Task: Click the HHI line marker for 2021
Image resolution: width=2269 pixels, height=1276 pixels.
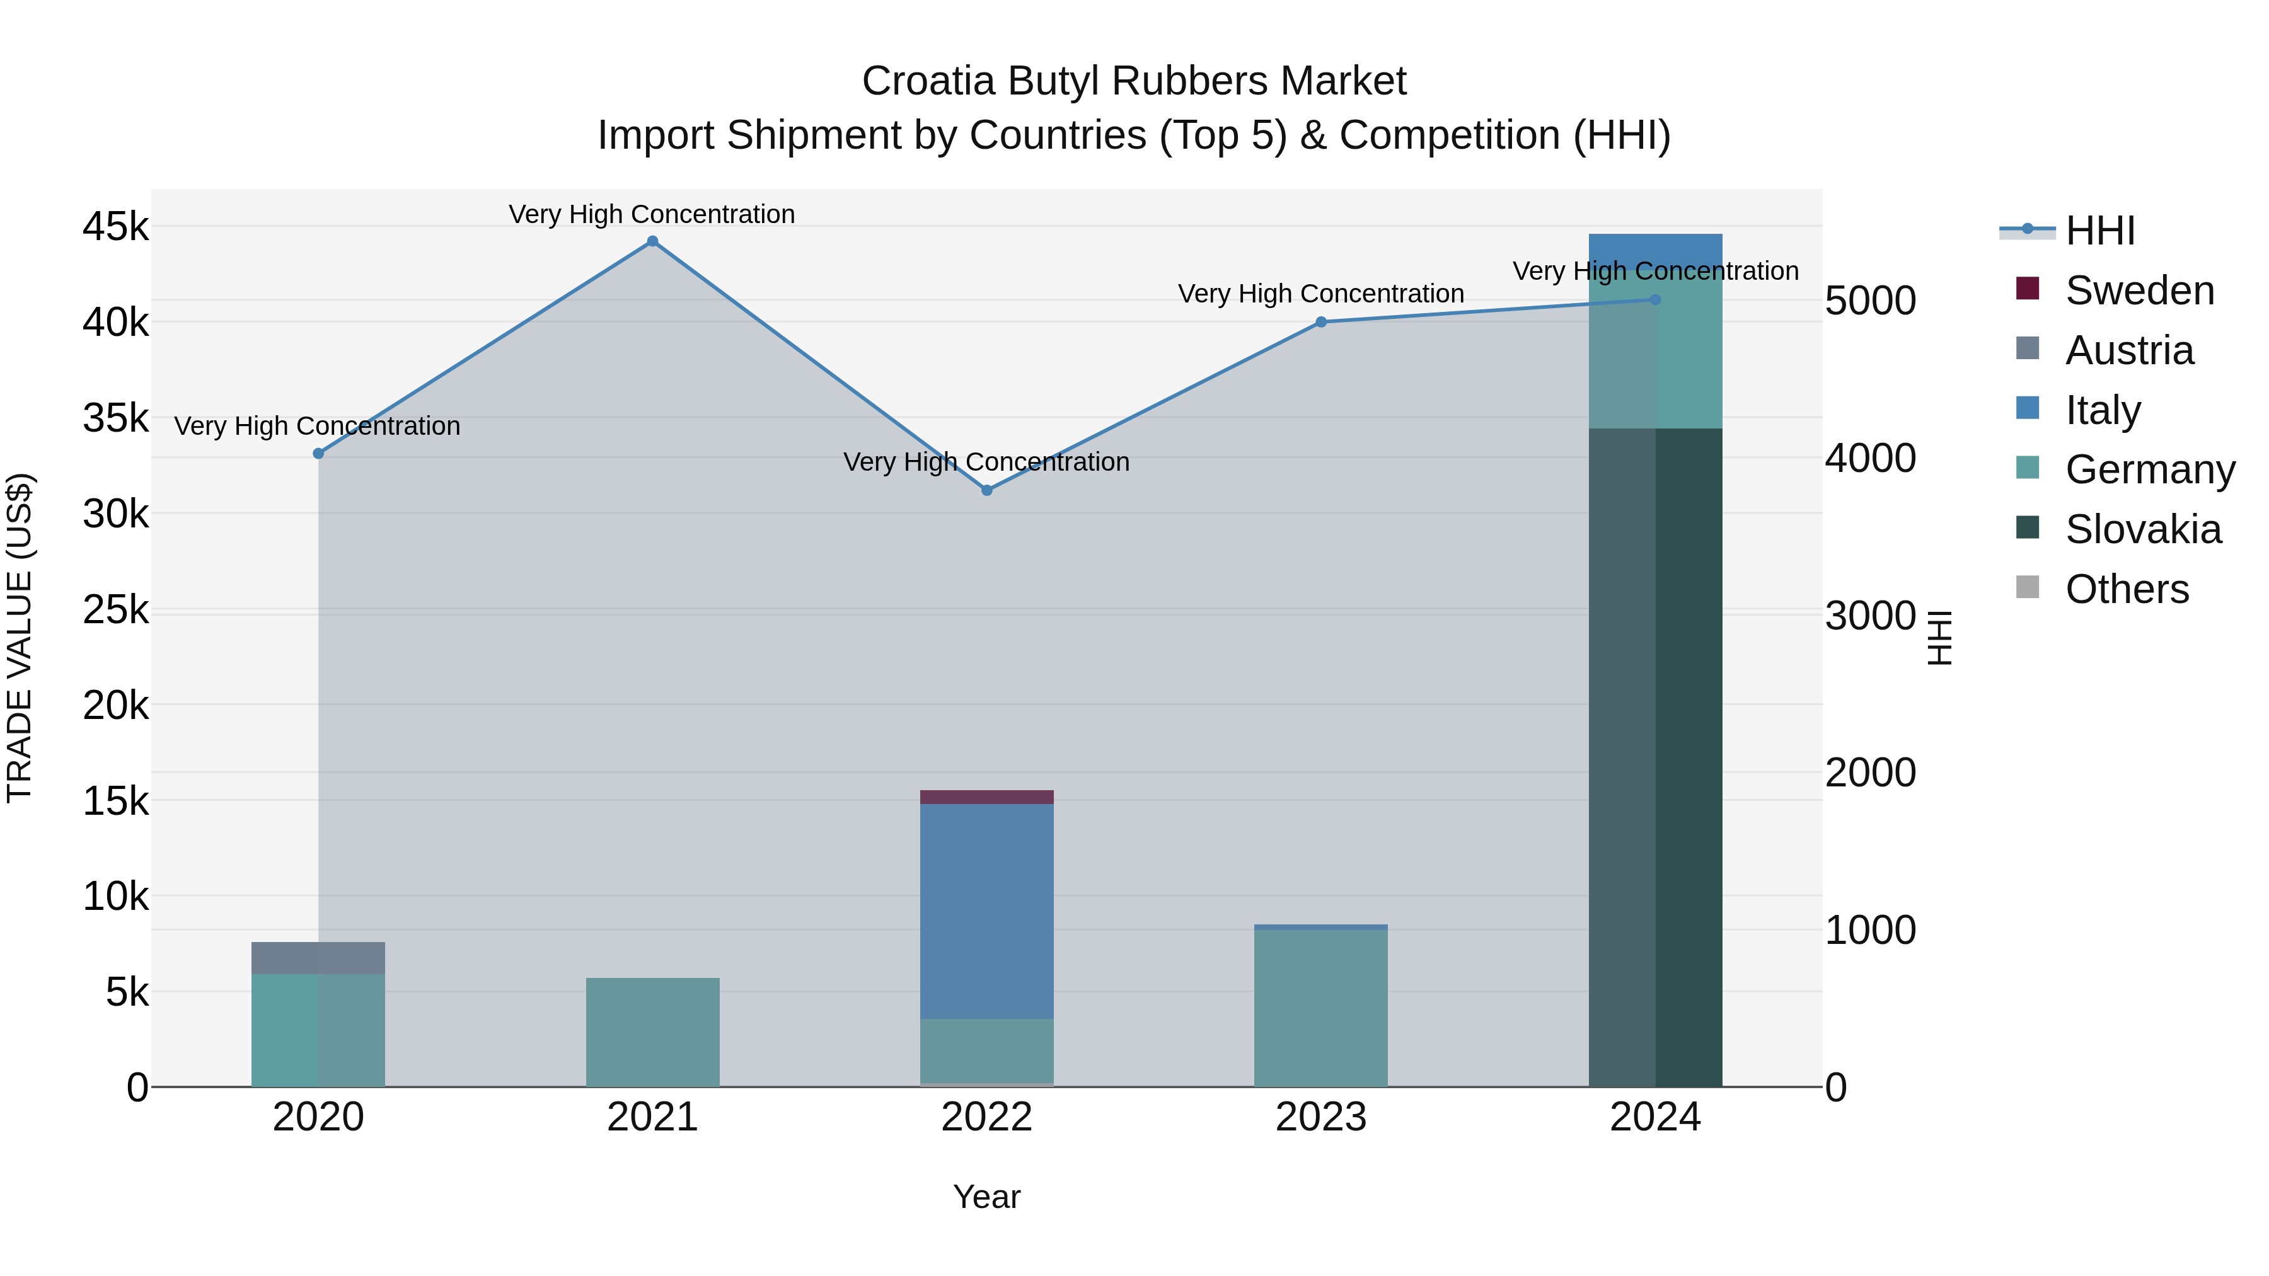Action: (652, 241)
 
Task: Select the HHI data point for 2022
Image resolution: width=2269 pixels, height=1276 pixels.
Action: (986, 490)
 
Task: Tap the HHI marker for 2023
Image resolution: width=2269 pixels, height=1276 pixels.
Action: (1320, 322)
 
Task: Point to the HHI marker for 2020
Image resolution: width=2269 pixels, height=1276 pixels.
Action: (319, 454)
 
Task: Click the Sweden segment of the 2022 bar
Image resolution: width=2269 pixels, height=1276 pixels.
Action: (986, 797)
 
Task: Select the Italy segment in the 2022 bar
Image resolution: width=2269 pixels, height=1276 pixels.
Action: (986, 911)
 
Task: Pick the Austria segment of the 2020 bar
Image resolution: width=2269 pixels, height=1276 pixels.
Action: (318, 958)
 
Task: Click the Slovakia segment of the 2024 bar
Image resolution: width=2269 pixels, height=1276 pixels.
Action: (1655, 757)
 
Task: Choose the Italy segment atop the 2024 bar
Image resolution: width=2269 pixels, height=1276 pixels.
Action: (1655, 246)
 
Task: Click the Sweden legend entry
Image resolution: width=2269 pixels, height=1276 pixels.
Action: (2139, 290)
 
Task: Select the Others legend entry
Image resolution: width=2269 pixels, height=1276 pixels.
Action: (2127, 589)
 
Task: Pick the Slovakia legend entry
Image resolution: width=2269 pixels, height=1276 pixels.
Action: (2142, 529)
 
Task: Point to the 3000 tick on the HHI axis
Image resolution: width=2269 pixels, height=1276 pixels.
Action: (1870, 616)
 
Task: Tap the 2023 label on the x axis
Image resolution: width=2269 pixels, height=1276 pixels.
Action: (1320, 1117)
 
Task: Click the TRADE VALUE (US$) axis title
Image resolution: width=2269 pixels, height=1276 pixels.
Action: (20, 638)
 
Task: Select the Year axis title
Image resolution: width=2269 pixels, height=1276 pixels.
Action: (986, 1197)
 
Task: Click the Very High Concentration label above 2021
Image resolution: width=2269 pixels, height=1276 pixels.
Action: (652, 214)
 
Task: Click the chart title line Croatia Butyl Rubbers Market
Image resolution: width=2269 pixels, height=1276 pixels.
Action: (1134, 81)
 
